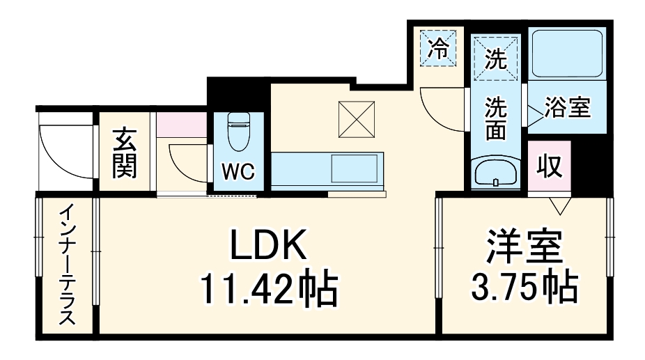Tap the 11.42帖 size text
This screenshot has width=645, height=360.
pyautogui.click(x=269, y=290)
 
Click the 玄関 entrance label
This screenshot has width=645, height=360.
pyautogui.click(x=125, y=154)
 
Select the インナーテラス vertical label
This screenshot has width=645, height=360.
pyautogui.click(x=67, y=265)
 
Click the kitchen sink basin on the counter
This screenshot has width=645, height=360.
pyautogui.click(x=355, y=169)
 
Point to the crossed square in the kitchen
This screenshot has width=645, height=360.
pyautogui.click(x=357, y=119)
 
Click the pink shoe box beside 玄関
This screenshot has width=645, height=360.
pyautogui.click(x=181, y=124)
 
